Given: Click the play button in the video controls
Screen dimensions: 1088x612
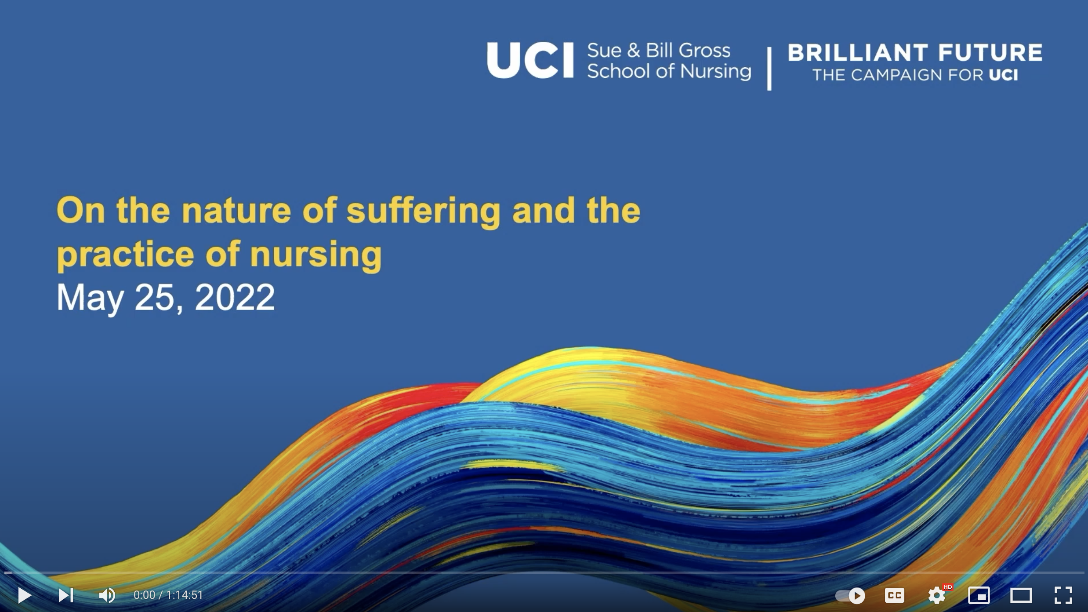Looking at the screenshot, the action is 25,595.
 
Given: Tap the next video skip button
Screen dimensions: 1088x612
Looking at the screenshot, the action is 66,595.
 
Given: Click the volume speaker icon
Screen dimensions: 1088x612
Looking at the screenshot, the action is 107,595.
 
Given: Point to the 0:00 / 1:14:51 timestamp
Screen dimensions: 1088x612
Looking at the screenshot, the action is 168,595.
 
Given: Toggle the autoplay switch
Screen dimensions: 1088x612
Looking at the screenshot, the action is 850,596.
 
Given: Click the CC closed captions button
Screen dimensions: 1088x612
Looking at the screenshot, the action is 895,595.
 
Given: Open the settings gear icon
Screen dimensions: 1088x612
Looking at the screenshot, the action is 937,596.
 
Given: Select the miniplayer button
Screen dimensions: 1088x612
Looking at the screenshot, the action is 979,595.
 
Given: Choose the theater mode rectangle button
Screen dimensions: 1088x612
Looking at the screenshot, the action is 1021,595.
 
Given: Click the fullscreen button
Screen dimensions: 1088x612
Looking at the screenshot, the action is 1063,595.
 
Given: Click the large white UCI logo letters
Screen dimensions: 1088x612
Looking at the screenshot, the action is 530,60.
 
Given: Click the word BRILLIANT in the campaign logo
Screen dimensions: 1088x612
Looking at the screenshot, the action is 857,53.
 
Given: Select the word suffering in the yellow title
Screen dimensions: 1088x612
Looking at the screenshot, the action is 424,211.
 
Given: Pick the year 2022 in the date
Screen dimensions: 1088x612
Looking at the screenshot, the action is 235,298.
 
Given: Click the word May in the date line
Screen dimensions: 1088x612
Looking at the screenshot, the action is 90,299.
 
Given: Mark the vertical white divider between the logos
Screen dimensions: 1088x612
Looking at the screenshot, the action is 769,69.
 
